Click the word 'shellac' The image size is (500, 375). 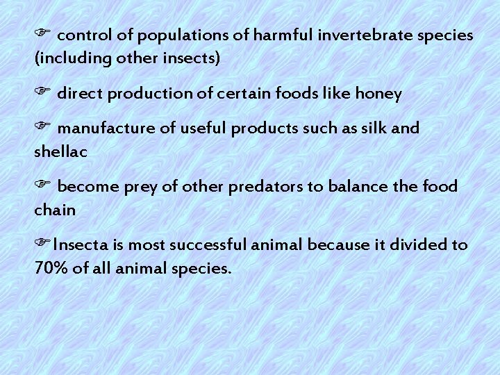(x=60, y=151)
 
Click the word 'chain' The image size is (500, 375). (x=55, y=210)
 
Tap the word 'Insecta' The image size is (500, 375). (x=79, y=245)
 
